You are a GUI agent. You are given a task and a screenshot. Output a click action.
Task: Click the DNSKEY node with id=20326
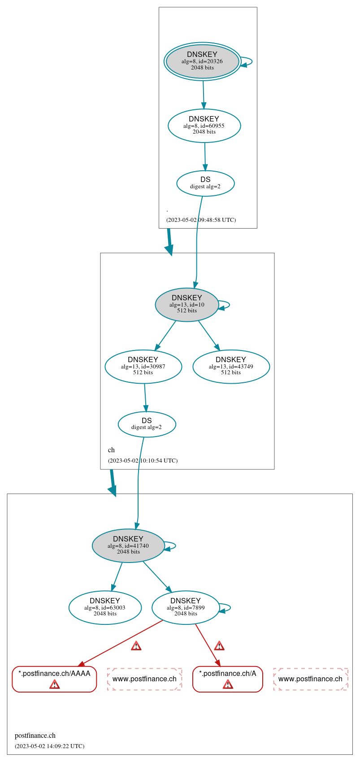pyautogui.click(x=202, y=61)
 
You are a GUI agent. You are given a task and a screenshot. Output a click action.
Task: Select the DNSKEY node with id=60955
pyautogui.click(x=204, y=126)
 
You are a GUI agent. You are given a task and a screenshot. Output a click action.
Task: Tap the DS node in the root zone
pyautogui.click(x=205, y=183)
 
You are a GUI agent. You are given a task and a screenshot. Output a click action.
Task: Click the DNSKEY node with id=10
pyautogui.click(x=187, y=305)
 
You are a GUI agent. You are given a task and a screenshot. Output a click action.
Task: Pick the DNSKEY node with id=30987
pyautogui.click(x=143, y=367)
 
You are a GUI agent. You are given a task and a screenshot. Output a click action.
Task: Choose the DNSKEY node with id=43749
pyautogui.click(x=231, y=367)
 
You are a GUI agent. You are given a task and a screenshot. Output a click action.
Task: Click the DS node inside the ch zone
pyautogui.click(x=147, y=424)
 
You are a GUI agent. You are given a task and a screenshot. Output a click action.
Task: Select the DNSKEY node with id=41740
pyautogui.click(x=128, y=546)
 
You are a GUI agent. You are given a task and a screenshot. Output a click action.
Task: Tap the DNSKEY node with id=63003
pyautogui.click(x=105, y=608)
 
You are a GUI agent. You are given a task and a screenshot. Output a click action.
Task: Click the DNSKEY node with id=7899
pyautogui.click(x=186, y=608)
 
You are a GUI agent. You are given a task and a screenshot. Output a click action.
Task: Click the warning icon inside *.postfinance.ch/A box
pyautogui.click(x=228, y=684)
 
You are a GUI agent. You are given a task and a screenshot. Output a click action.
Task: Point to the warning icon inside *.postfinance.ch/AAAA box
pyautogui.click(x=54, y=684)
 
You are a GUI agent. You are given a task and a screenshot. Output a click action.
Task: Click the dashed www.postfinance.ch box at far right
pyautogui.click(x=310, y=679)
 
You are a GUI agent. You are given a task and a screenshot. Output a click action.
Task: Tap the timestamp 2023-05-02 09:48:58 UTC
pyautogui.click(x=201, y=220)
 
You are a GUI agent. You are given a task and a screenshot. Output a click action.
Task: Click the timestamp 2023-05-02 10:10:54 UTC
pyautogui.click(x=143, y=461)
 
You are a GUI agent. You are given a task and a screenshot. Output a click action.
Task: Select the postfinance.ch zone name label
pyautogui.click(x=35, y=736)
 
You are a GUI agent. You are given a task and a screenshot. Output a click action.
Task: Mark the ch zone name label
pyautogui.click(x=111, y=450)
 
